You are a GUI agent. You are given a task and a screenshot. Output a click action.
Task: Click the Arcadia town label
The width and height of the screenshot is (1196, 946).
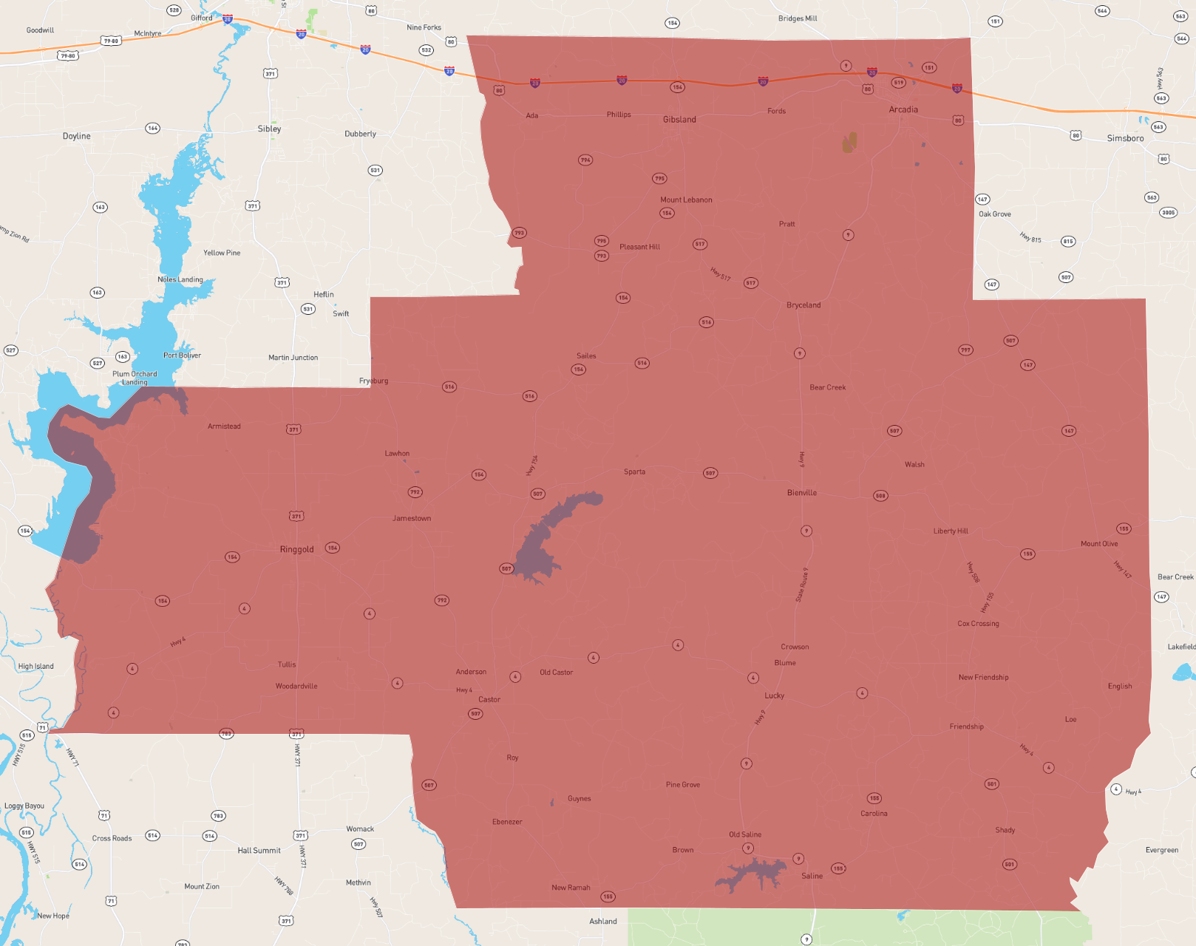coord(903,109)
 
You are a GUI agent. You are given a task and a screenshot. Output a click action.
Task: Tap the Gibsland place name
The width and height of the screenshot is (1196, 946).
coord(679,120)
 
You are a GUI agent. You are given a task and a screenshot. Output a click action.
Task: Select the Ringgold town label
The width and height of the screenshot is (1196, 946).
coord(296,549)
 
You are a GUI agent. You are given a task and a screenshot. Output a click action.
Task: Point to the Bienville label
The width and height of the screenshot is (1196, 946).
coord(801,493)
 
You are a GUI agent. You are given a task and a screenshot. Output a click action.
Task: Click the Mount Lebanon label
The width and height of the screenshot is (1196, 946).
coord(686,200)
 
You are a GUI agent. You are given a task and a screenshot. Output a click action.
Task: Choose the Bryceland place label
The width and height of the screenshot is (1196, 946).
coord(803,305)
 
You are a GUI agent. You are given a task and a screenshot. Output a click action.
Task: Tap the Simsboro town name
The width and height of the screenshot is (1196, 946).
coord(1125,138)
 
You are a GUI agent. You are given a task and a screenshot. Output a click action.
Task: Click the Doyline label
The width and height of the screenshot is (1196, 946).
coord(77,136)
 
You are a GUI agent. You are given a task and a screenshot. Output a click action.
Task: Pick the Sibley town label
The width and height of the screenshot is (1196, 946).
coord(269,129)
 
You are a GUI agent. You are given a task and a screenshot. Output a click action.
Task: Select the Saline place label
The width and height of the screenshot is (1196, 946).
coord(812,876)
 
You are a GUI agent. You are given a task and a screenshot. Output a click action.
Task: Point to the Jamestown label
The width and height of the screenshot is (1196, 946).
coord(412,518)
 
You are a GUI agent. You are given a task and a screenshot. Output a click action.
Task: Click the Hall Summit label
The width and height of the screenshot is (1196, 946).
coord(259,851)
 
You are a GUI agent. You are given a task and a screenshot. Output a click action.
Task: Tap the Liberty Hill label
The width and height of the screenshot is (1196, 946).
coord(951,531)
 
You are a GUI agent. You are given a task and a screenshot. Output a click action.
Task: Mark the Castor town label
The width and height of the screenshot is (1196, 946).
coord(489,699)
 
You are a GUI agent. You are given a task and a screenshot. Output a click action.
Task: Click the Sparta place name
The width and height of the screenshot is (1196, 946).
coord(634,472)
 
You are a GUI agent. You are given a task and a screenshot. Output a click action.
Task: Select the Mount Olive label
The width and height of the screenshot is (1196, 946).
coord(1099,544)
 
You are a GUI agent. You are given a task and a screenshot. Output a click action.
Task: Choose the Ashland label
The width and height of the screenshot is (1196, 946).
coord(603,921)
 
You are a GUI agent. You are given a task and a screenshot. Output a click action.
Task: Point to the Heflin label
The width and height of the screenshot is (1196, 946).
coord(324,294)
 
